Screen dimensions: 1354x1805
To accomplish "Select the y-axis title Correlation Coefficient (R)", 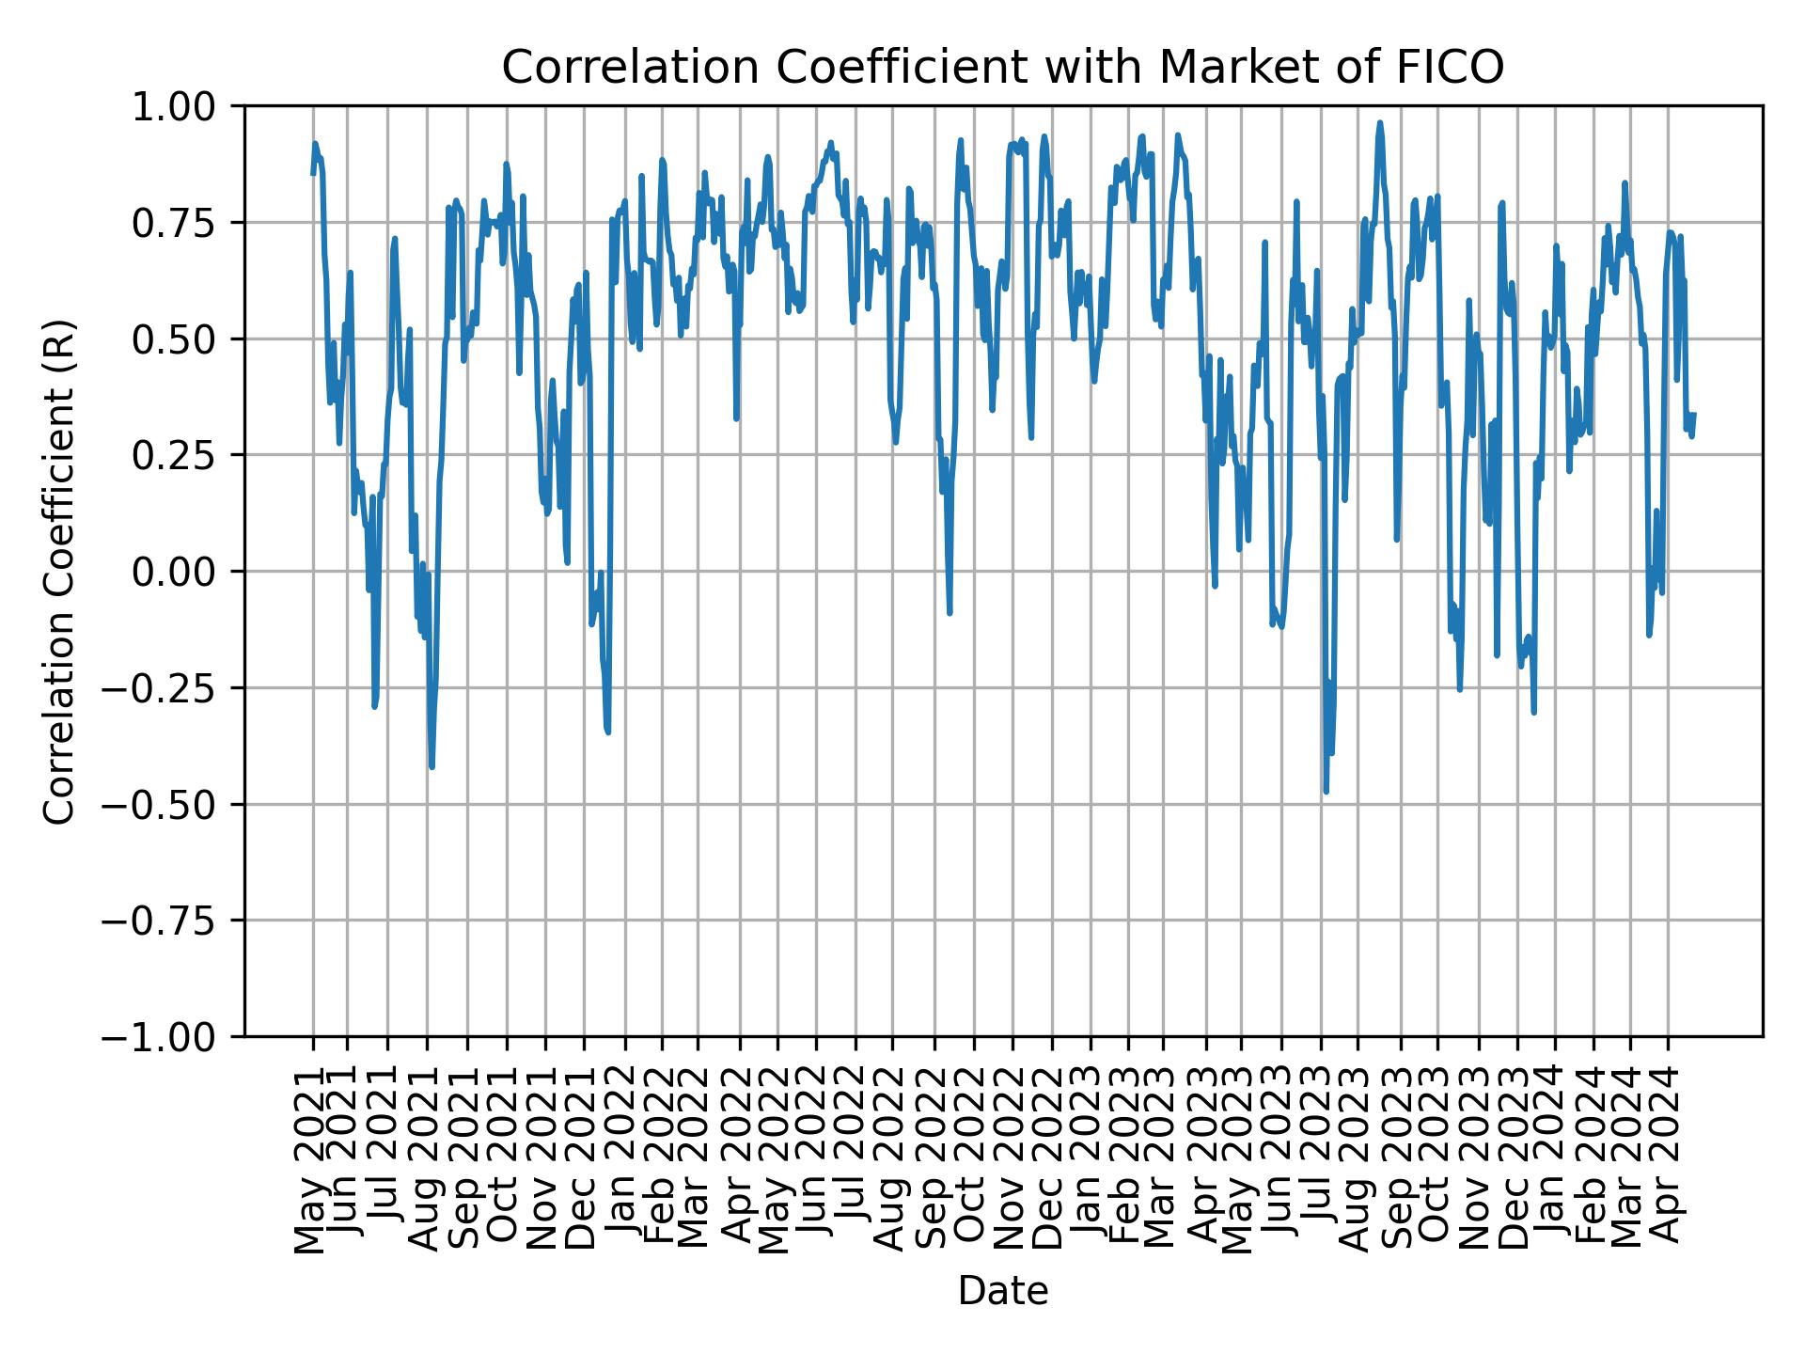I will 58,572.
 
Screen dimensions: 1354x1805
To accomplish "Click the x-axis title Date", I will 1002,1292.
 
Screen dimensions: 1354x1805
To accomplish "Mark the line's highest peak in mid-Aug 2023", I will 1380,122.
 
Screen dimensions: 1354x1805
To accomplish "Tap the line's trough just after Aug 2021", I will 432,767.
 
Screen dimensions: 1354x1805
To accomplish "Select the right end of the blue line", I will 1694,414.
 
